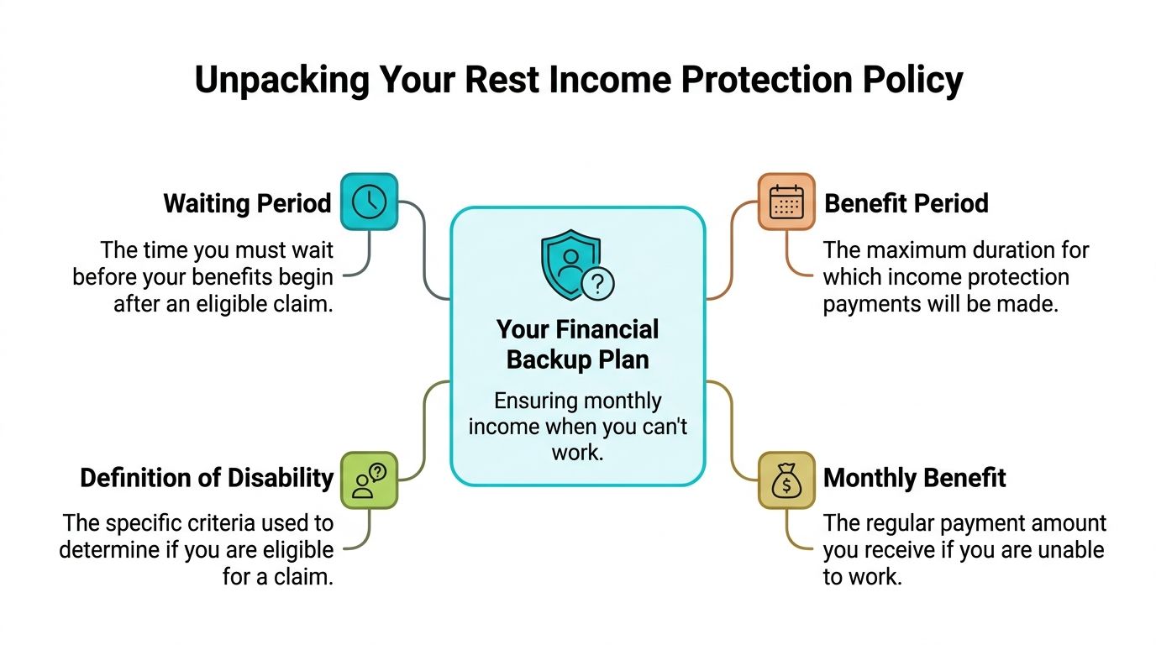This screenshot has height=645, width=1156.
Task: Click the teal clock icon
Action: (x=369, y=202)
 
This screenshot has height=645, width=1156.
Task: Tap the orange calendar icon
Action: (x=786, y=202)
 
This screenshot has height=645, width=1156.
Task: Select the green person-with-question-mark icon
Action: (x=369, y=480)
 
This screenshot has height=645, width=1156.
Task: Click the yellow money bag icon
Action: (x=786, y=480)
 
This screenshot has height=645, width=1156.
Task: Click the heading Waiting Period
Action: (x=247, y=204)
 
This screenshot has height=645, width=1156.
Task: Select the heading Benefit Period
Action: (x=906, y=204)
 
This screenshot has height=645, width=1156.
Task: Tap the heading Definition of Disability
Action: (x=207, y=479)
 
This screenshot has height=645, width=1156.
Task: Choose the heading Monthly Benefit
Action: (x=915, y=479)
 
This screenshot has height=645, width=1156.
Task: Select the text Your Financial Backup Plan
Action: (x=577, y=344)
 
